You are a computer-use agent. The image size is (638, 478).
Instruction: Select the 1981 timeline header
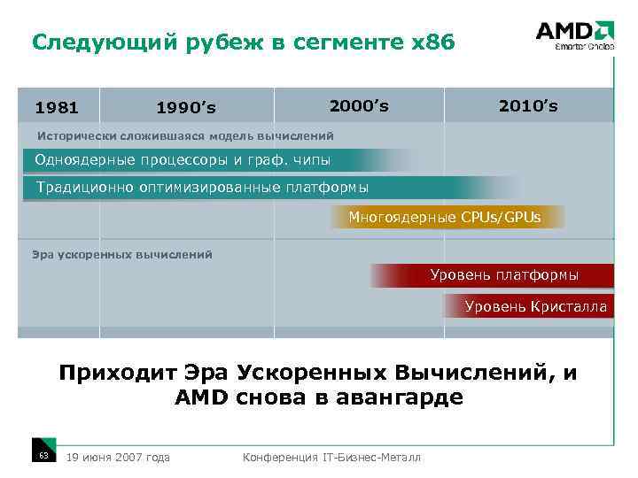(57, 108)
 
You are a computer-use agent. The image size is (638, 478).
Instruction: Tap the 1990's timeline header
(185, 108)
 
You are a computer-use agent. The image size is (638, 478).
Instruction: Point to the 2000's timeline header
(359, 106)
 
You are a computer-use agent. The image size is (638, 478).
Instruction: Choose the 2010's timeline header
(528, 106)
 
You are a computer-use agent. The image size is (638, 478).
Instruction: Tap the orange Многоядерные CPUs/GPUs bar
(446, 216)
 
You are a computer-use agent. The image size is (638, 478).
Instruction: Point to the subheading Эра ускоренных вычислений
(122, 255)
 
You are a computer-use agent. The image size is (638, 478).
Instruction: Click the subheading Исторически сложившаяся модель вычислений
(184, 136)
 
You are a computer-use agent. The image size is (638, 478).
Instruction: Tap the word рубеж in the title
(222, 42)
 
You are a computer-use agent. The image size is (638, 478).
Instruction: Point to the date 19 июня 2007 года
(118, 457)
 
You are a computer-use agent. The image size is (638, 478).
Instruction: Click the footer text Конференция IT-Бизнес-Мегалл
(332, 457)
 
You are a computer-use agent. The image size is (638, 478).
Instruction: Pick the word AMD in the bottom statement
(202, 397)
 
